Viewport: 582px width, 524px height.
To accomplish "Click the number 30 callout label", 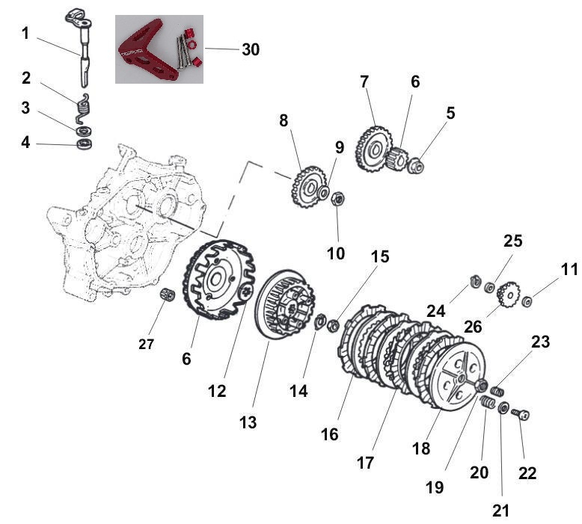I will (250, 49).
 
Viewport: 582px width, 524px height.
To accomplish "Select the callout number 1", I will (25, 34).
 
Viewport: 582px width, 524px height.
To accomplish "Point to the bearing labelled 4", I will (85, 142).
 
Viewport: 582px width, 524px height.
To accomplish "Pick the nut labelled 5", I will (417, 164).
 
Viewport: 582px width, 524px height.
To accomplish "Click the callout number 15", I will (379, 257).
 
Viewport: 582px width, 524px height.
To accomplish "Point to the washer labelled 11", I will (527, 301).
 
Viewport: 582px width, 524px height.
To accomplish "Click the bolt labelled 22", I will (524, 413).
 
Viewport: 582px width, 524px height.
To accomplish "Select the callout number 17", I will (364, 463).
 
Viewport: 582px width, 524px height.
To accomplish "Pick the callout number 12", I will (216, 389).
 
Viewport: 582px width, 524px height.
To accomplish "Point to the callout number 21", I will (500, 510).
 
